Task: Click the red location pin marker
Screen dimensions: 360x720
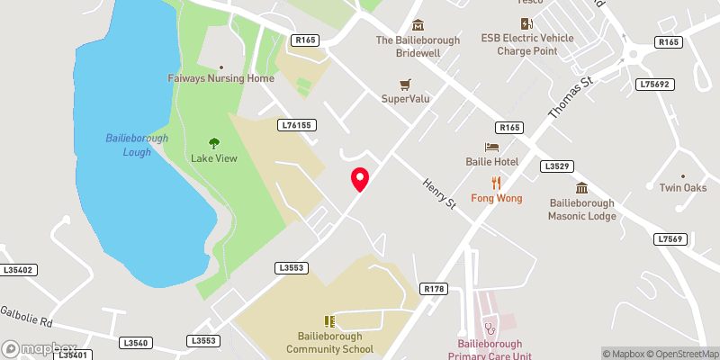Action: (360, 179)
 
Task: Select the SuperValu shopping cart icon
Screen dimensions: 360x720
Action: (404, 84)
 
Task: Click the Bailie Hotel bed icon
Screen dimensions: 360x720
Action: (491, 147)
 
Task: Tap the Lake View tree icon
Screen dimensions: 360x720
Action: (214, 143)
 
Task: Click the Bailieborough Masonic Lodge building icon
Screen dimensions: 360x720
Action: (582, 189)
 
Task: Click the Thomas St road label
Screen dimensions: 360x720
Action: (572, 99)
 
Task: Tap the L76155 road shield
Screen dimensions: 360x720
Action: (297, 125)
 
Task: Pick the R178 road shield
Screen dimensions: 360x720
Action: (433, 288)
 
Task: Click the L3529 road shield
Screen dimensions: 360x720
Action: (557, 166)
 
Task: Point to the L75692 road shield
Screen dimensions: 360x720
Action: (654, 84)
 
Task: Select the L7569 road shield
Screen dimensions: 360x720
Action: (670, 238)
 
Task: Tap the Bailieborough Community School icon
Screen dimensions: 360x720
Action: (329, 321)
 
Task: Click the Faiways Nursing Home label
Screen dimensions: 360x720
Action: (220, 78)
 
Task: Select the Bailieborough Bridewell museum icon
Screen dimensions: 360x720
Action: (417, 25)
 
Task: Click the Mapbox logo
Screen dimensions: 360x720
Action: (40, 348)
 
